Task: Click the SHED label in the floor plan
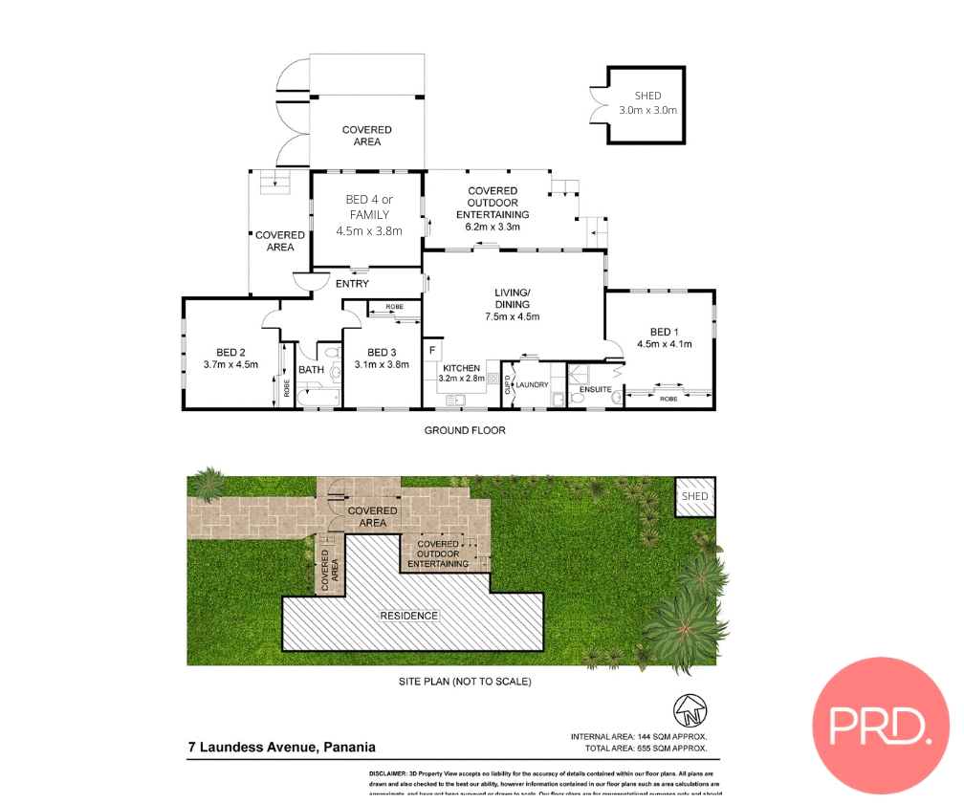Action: pos(647,96)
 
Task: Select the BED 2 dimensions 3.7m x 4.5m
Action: pos(230,364)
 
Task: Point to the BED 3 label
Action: pos(381,351)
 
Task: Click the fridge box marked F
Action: pos(432,351)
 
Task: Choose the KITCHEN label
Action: pos(461,367)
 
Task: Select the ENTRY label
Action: pos(351,283)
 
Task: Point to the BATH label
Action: pos(311,370)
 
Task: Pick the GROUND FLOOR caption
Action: pos(465,430)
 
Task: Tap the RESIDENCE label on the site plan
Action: pos(409,616)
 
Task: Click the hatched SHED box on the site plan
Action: pos(694,496)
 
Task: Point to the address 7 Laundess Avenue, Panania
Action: pos(281,748)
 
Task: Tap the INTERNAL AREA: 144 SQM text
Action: pos(638,736)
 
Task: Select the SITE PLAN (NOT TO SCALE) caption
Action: pos(465,682)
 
